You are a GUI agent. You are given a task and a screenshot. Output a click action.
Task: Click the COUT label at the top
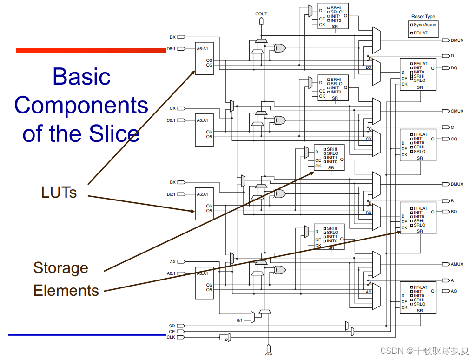coord(261,14)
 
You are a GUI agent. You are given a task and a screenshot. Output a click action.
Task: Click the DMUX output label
coord(456,40)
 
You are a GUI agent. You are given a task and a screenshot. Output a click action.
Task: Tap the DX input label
coord(172,36)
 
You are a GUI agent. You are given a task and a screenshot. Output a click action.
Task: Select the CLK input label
coord(171,337)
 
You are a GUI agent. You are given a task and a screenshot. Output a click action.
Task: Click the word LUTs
coord(59,192)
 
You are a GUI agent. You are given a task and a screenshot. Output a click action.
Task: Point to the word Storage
coord(60,268)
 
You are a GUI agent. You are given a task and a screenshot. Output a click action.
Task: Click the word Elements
coord(66,291)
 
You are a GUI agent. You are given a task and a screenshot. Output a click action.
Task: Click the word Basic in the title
coord(81,76)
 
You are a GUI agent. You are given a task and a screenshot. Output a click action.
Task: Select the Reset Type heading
coord(423,17)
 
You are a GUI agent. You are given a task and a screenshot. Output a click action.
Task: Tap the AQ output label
coord(454,291)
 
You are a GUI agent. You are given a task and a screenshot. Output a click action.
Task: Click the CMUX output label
coord(456,111)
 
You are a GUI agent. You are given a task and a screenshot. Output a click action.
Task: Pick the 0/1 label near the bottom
coord(240,320)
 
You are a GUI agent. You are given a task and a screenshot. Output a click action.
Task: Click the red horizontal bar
coord(91,50)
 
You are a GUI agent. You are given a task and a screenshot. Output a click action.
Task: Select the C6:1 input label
coord(171,120)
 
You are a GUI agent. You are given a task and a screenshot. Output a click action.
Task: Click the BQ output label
coord(454,212)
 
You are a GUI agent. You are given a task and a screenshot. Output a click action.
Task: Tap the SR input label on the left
coord(172,326)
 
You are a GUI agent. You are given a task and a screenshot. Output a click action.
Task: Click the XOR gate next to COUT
coord(279,47)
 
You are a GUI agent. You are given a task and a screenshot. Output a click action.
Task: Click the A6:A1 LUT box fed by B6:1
coord(204,203)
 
